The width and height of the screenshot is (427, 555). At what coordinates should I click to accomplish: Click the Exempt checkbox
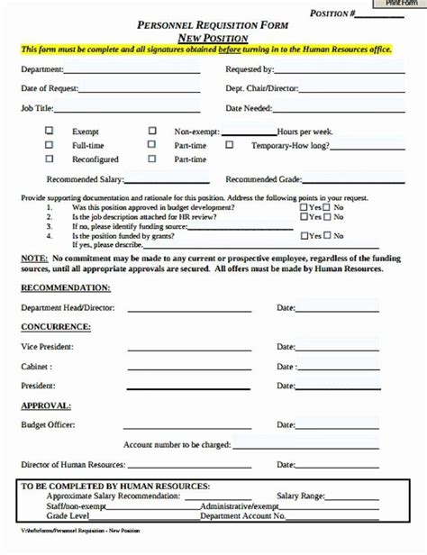(x=50, y=130)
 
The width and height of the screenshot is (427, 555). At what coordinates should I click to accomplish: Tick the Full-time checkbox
(x=50, y=144)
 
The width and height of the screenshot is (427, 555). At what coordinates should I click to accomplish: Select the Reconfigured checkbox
(x=50, y=159)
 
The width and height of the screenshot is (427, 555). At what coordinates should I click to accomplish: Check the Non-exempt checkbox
(x=152, y=130)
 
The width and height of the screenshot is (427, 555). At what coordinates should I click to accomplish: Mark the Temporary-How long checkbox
(x=229, y=144)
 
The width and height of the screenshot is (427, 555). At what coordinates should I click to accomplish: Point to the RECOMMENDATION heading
(x=66, y=287)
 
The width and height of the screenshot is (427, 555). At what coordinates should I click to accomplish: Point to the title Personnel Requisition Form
(x=213, y=27)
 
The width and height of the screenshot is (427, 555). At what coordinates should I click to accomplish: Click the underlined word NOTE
(x=34, y=258)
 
